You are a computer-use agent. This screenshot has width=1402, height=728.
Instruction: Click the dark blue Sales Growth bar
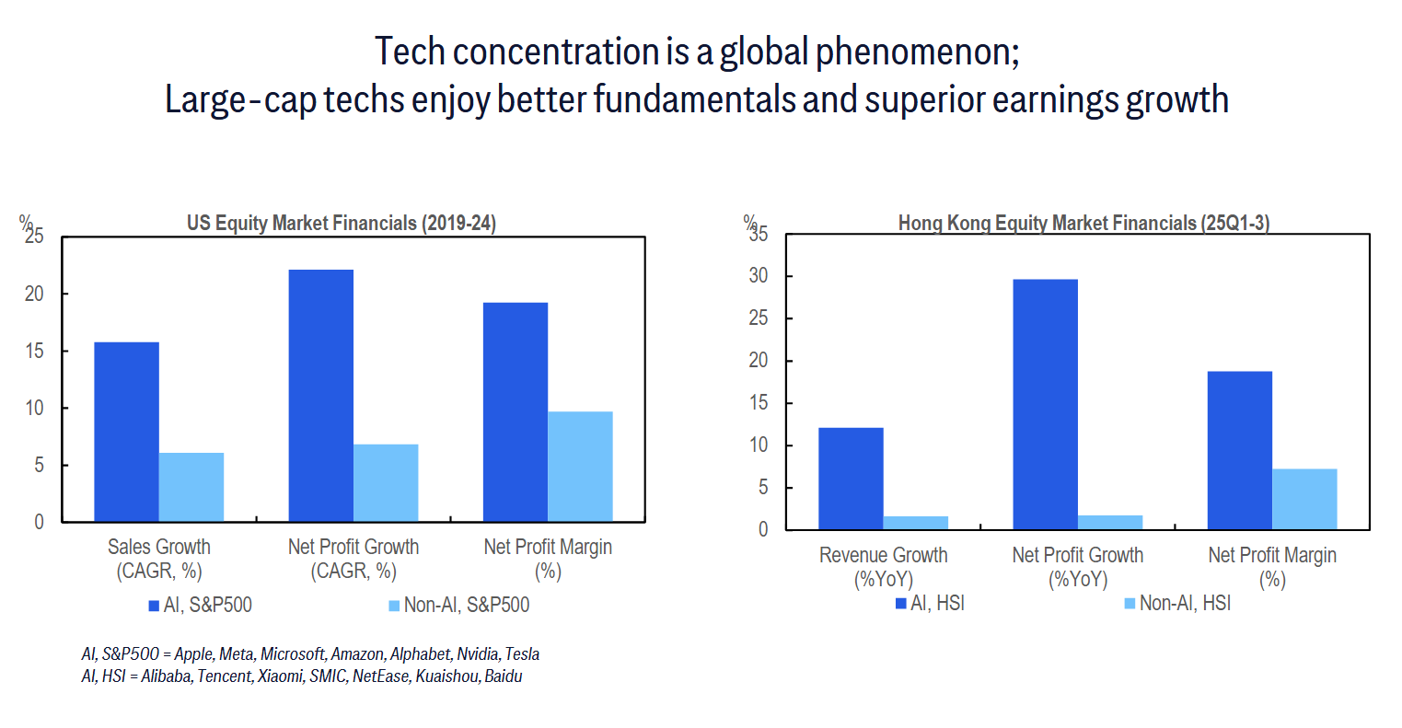tap(126, 432)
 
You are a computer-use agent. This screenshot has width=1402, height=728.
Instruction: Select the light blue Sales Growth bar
tap(191, 487)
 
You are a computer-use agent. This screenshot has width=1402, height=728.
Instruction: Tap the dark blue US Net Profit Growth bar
tap(320, 396)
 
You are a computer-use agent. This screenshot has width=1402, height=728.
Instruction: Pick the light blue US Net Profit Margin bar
tap(580, 467)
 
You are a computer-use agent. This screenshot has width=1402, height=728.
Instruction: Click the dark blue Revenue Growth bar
tap(851, 479)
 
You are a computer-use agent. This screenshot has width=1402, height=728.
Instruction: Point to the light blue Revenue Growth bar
tap(916, 523)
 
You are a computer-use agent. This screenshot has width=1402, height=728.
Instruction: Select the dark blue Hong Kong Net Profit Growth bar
tap(1045, 404)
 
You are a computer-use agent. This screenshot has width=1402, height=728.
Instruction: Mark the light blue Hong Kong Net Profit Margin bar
tap(1304, 499)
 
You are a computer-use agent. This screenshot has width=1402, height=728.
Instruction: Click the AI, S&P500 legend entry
tap(200, 605)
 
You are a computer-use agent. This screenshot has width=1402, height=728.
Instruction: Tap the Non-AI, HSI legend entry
tap(1177, 603)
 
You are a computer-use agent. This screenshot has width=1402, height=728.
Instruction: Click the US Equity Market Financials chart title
tap(342, 223)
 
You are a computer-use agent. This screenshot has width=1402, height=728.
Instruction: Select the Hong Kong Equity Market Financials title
tap(1083, 223)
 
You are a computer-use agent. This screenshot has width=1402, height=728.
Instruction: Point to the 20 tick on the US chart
tap(34, 294)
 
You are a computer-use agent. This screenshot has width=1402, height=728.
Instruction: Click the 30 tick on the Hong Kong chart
tap(758, 276)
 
